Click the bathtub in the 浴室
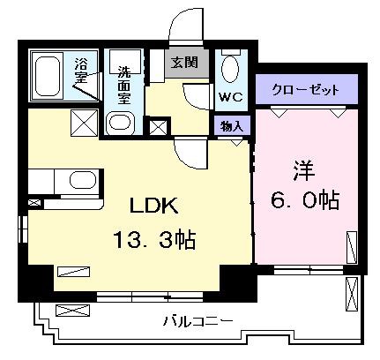tap(48, 76)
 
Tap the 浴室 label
tap(81, 71)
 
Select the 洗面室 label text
tap(124, 86)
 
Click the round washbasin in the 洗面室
tap(121, 123)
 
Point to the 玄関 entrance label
tap(185, 63)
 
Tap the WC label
tap(230, 97)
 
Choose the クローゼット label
tap(306, 89)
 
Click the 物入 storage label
tap(232, 126)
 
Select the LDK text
tap(154, 205)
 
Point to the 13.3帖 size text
tap(154, 239)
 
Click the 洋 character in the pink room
tap(304, 170)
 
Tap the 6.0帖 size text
tap(305, 200)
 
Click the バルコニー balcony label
tap(197, 321)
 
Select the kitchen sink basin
tap(83, 181)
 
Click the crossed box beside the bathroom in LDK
tap(84, 123)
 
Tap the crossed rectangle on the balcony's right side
tap(352, 294)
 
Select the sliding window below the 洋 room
tap(308, 269)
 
